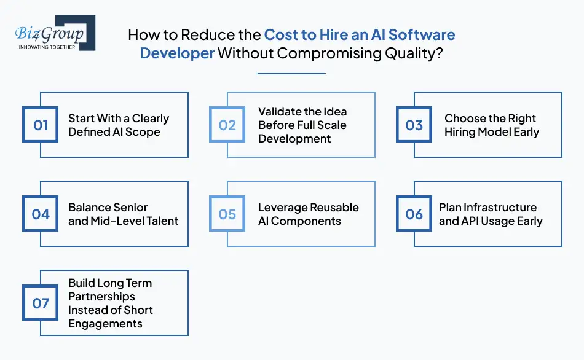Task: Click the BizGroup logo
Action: pos(53,33)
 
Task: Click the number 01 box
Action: pos(41,125)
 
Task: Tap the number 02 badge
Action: pos(227,125)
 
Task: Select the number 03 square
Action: pos(414,125)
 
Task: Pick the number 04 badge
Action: pos(41,214)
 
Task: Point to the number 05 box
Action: pos(227,214)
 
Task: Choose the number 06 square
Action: pos(414,214)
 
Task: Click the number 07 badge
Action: pos(41,303)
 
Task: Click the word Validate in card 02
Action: pos(280,112)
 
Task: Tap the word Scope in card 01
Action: pos(143,132)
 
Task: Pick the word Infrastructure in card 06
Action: pos(497,208)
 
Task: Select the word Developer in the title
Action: pos(177,53)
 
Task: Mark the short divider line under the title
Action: pos(291,74)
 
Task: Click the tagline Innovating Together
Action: pos(47,46)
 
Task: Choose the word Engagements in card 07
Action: pos(105,324)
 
